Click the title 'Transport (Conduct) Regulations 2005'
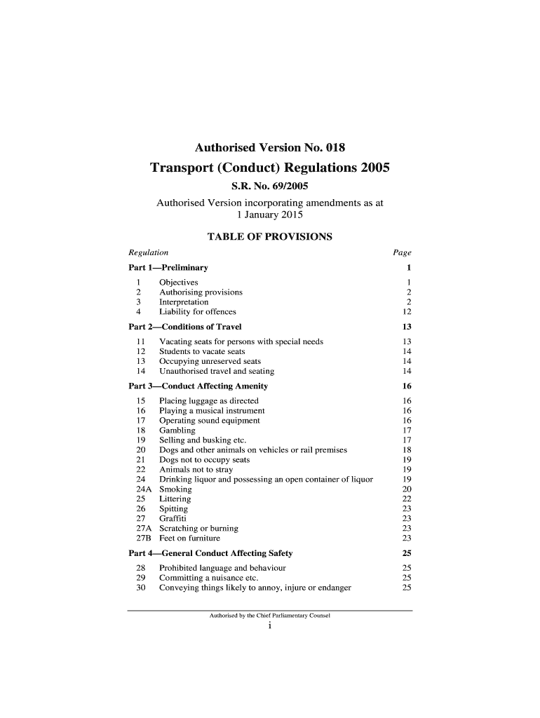[269, 169]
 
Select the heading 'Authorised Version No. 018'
[269, 148]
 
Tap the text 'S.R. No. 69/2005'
[269, 187]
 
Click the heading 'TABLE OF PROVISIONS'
[269, 237]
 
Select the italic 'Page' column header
[402, 252]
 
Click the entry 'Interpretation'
[184, 302]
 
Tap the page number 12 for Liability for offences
[406, 312]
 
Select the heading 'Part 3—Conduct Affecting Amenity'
[198, 386]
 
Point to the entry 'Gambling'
[177, 431]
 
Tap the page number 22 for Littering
[406, 499]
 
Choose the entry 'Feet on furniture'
[189, 538]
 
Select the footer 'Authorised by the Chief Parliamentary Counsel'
[269, 616]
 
